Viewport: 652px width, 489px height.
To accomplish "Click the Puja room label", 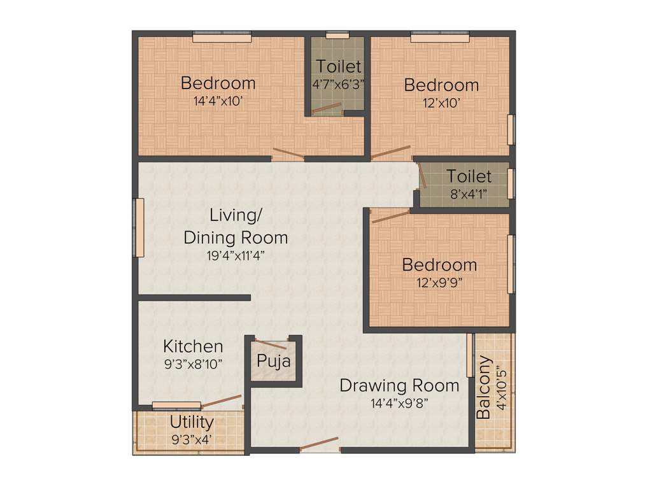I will click(274, 362).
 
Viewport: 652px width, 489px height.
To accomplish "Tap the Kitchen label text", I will click(193, 346).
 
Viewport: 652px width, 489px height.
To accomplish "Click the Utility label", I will click(192, 422).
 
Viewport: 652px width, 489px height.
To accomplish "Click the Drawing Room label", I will click(399, 385).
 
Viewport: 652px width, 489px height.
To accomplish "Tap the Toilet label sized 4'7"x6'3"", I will click(339, 66).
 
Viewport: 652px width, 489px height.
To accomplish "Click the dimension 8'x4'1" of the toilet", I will click(469, 194).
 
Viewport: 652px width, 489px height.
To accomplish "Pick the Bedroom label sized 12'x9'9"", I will click(439, 264).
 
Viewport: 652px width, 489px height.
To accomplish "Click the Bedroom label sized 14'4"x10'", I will click(218, 83).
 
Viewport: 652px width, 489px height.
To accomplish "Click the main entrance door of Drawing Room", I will click(319, 444).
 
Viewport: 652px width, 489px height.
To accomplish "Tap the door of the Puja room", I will click(276, 344).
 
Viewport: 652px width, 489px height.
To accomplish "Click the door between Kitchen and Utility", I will click(221, 400).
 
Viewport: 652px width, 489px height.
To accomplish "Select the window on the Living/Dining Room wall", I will click(138, 227).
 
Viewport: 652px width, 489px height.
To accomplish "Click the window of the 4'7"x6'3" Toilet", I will click(337, 35).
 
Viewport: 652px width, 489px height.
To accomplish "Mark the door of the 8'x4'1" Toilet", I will click(422, 175).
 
